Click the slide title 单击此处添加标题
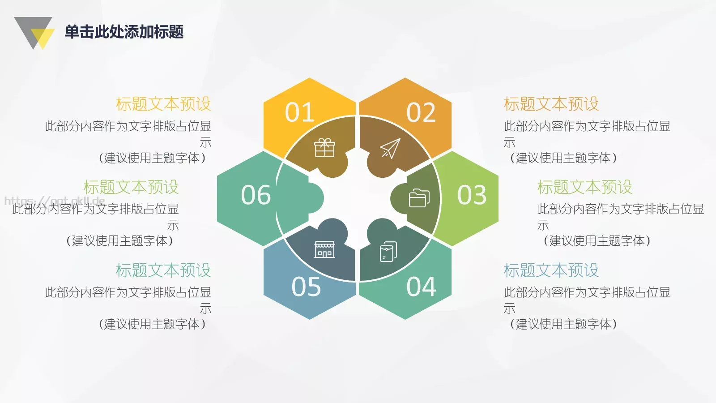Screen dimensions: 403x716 click(x=124, y=32)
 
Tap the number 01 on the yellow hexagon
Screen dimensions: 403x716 click(x=299, y=112)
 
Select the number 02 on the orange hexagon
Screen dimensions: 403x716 click(x=421, y=112)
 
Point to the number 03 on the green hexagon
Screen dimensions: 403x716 click(x=472, y=195)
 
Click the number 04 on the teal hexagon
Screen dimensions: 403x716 click(x=421, y=287)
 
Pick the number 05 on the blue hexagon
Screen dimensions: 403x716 click(x=306, y=287)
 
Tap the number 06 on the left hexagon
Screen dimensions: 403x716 click(x=256, y=195)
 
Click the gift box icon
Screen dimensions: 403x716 click(x=324, y=148)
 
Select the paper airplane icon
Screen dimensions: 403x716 click(x=390, y=148)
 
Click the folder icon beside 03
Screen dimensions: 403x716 click(x=419, y=198)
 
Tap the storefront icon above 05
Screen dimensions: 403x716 click(x=324, y=249)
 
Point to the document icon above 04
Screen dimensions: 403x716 click(x=388, y=252)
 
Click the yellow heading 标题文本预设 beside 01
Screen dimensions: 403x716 click(x=163, y=104)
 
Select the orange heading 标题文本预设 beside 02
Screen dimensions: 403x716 click(x=551, y=104)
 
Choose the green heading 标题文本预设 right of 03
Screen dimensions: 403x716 click(x=584, y=187)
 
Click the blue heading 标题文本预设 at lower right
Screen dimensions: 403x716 click(x=551, y=270)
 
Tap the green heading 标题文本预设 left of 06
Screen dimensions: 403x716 click(x=131, y=187)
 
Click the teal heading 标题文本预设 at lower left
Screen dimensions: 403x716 click(x=163, y=270)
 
